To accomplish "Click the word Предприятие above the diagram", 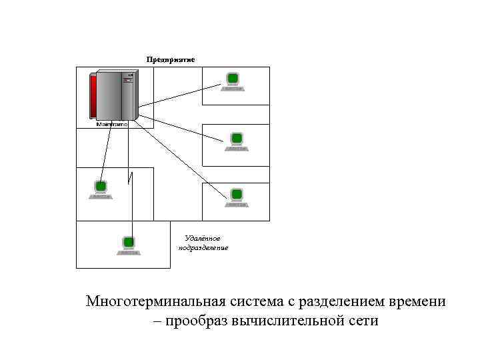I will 171,59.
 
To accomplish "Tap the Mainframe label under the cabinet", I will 112,124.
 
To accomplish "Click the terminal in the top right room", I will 233,81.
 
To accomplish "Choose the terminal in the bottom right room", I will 236,196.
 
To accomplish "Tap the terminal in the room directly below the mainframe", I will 101,189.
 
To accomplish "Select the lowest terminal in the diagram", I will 129,245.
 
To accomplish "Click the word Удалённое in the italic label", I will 202,238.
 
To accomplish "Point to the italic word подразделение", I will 203,247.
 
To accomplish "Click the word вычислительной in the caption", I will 289,321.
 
